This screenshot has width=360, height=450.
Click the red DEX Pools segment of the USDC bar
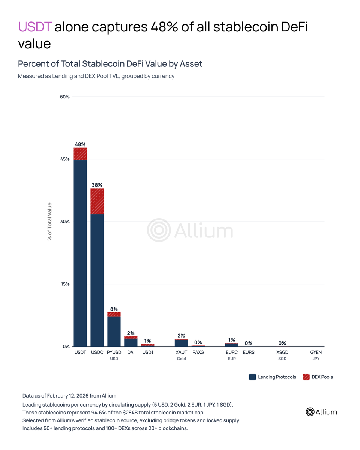(x=97, y=201)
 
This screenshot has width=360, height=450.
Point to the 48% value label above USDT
(x=80, y=144)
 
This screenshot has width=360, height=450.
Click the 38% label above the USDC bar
(x=97, y=185)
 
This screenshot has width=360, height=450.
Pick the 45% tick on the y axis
(x=65, y=159)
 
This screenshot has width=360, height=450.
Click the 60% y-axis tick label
(x=65, y=97)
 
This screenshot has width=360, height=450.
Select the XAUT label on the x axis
(x=181, y=352)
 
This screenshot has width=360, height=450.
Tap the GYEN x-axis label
(x=316, y=352)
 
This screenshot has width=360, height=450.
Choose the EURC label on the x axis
(x=232, y=352)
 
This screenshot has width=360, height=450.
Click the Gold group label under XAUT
(x=181, y=359)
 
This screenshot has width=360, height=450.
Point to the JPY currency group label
(x=316, y=359)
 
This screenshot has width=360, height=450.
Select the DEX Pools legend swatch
(x=306, y=377)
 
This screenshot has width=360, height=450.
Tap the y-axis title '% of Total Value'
(x=50, y=221)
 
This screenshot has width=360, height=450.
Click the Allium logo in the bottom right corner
(x=321, y=412)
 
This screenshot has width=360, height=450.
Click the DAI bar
(x=131, y=342)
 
